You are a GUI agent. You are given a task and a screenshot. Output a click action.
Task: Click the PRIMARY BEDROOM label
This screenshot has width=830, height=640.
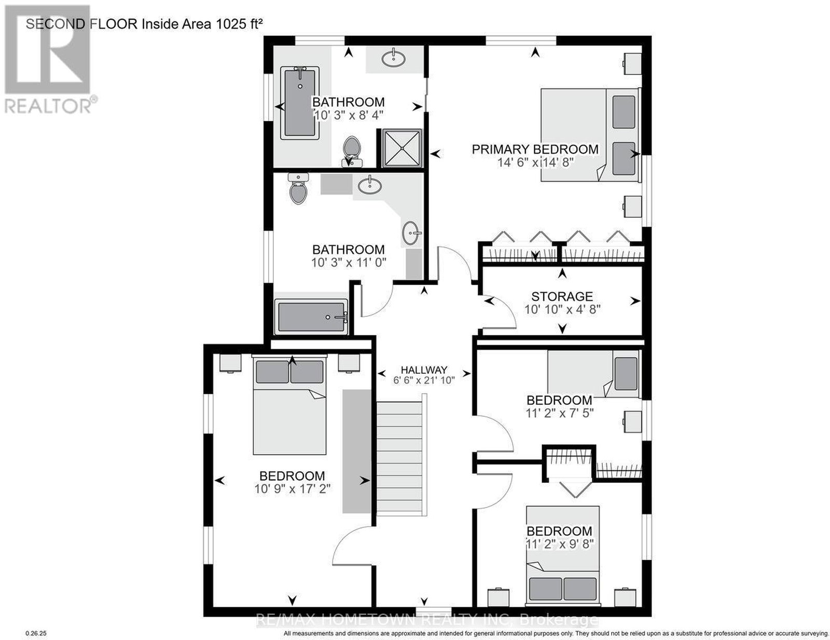[535, 149]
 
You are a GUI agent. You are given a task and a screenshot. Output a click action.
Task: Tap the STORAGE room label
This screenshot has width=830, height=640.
[562, 296]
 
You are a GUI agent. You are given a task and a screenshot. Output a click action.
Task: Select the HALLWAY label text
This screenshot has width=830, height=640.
[424, 370]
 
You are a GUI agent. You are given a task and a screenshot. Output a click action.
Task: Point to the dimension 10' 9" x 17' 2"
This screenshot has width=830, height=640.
[292, 488]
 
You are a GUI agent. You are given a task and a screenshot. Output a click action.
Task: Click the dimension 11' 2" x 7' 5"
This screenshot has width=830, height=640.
[559, 413]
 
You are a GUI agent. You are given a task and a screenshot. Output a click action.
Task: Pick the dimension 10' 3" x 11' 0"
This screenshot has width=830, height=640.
[349, 263]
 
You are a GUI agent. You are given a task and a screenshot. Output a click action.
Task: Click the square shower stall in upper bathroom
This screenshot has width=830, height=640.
[402, 148]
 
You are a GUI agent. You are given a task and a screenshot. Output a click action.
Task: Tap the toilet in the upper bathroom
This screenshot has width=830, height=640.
[352, 152]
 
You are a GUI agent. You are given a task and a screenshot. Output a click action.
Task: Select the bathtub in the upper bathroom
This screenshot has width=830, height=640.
[300, 103]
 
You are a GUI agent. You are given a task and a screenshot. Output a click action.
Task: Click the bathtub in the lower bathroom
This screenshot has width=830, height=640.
[312, 317]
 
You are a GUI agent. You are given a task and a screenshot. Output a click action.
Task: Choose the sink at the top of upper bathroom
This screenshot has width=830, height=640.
[393, 59]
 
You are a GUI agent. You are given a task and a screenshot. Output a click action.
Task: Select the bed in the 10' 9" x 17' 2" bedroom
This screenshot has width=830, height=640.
[289, 404]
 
